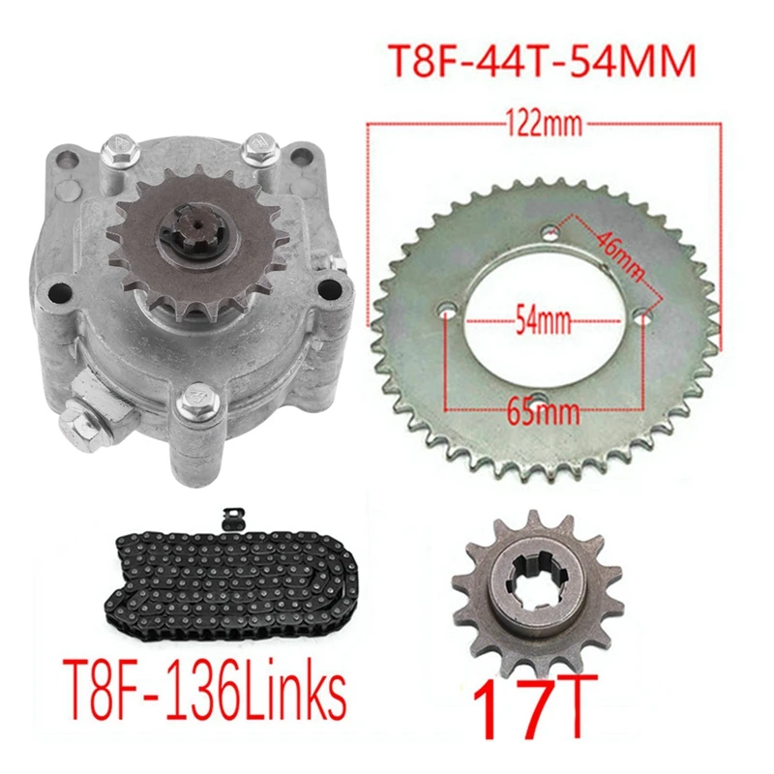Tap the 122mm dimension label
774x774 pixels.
point(544,124)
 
